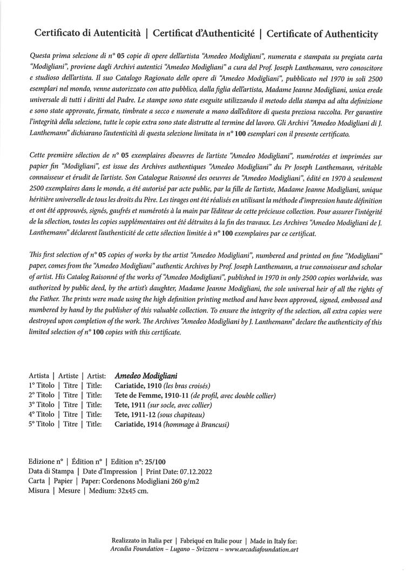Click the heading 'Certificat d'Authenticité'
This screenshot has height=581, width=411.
coord(204,34)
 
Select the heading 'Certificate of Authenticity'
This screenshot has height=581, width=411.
coord(322,34)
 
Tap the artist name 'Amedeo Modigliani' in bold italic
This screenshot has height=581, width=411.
coord(146,376)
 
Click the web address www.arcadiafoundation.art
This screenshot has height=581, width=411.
coord(260,550)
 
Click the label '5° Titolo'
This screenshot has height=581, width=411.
coord(42,424)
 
